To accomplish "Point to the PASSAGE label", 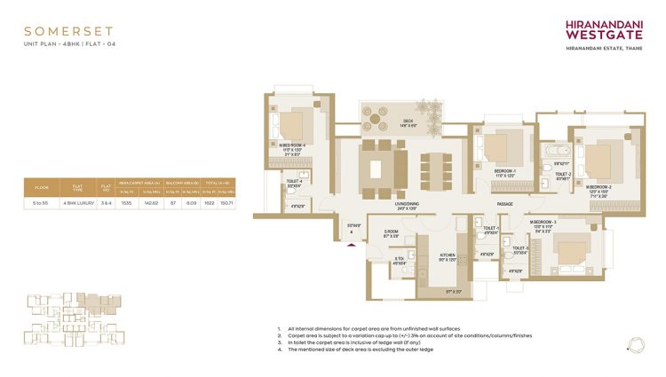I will [505, 204].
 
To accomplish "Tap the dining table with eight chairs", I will [434, 167].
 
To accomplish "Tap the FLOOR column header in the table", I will [41, 186].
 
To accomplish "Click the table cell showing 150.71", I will [226, 203].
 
